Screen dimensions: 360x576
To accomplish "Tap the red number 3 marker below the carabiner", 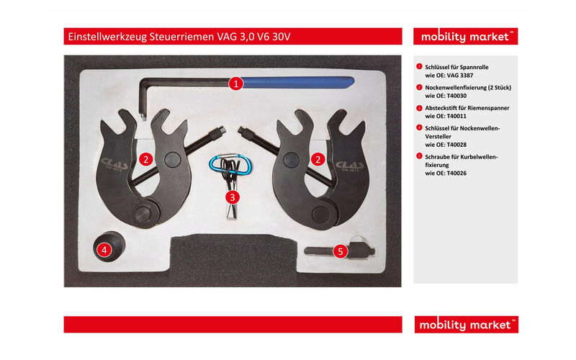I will (x=232, y=196).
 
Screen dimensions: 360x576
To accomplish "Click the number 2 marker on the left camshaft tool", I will (x=145, y=159).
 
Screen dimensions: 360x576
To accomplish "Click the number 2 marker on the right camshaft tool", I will (x=316, y=159).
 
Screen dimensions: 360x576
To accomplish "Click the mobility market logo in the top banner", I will (x=466, y=37).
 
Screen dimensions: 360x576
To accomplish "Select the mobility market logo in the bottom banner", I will (x=466, y=325).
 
